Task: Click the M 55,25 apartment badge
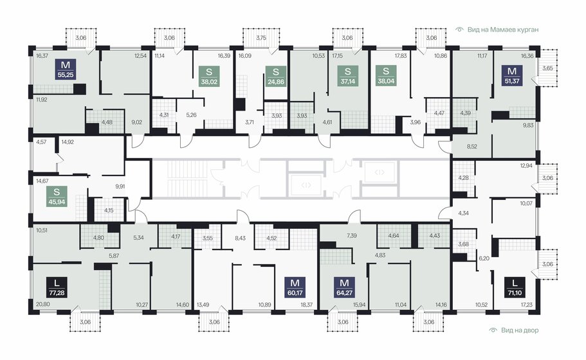[x=66, y=69]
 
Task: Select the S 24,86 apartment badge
[x=276, y=76]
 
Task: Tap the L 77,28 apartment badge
[x=57, y=287]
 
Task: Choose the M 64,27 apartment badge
[x=345, y=287]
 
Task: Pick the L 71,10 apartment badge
[x=515, y=287]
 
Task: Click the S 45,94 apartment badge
[x=57, y=197]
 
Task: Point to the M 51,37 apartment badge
[x=512, y=76]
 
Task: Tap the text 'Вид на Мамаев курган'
[x=503, y=30]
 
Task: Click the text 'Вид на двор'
[x=520, y=330]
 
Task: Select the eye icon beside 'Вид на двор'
[x=493, y=330]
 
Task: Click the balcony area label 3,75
[x=261, y=38]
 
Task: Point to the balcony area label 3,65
[x=547, y=68]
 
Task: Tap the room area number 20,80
[x=42, y=305]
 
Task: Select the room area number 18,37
[x=306, y=305]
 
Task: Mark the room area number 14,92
[x=68, y=142]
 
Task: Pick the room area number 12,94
[x=526, y=166]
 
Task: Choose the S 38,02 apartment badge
[x=209, y=76]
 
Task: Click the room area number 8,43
[x=241, y=238]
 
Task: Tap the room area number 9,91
[x=120, y=186]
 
